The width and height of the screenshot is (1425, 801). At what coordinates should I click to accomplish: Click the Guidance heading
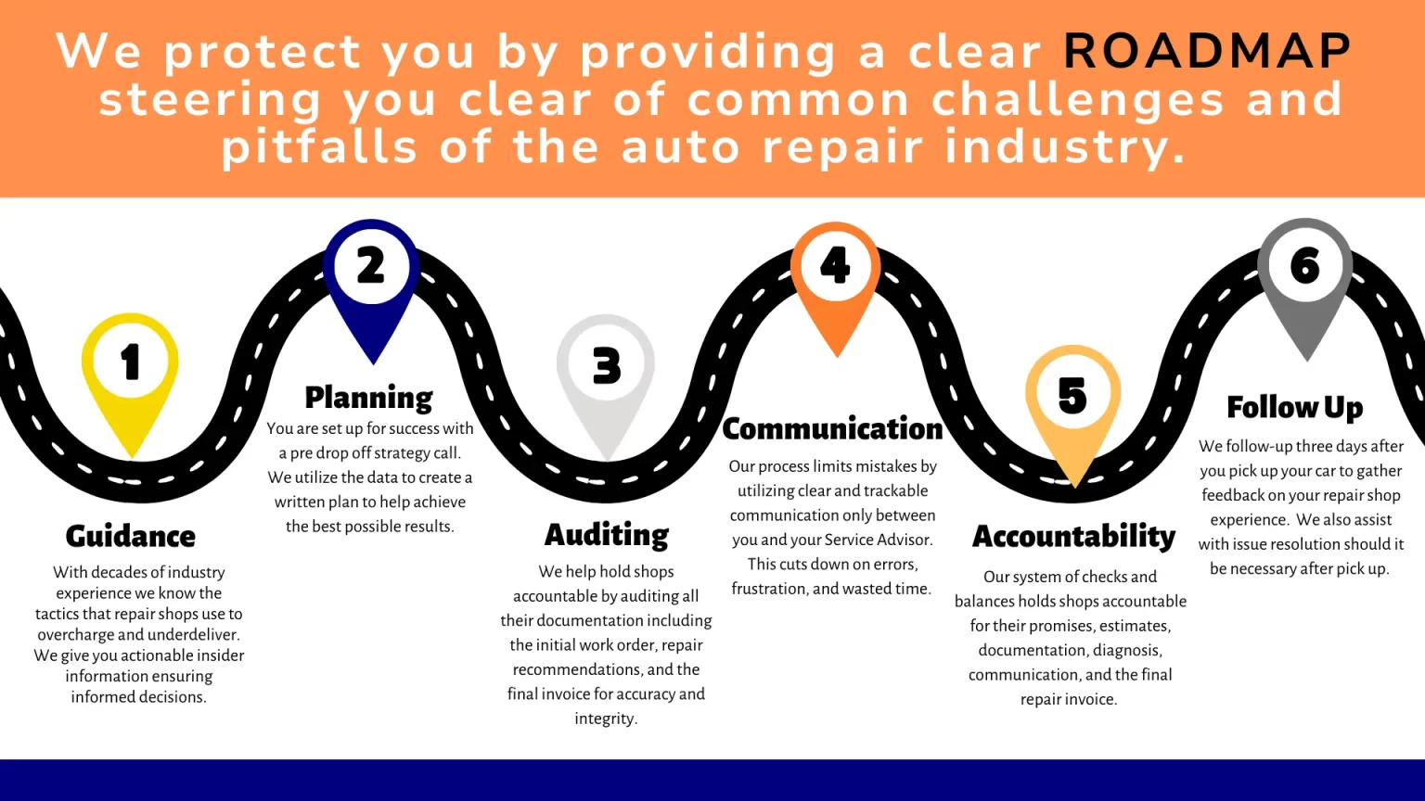point(131,536)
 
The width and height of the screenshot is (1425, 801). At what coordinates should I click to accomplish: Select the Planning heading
point(369,398)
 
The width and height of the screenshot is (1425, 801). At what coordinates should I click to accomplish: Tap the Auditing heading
point(607,535)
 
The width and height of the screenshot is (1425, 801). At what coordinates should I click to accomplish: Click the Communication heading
point(832,428)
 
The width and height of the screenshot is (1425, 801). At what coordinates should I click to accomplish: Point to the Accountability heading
point(1073,537)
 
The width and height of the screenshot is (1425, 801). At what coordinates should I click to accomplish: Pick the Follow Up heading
point(1295,407)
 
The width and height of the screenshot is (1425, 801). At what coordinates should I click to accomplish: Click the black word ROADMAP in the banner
point(1207,51)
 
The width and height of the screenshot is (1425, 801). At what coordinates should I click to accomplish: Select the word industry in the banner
point(1066,147)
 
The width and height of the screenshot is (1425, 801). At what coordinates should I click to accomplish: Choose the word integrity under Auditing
point(606,718)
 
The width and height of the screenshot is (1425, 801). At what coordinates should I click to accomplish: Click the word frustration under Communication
point(769,589)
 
